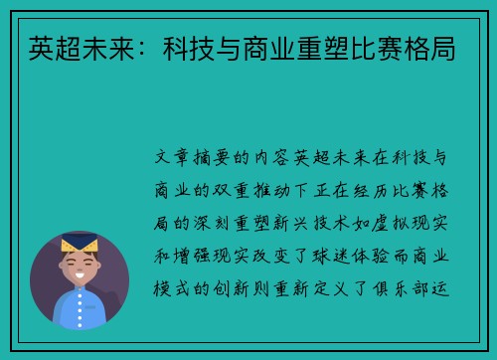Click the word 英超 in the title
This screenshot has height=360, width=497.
46,46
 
